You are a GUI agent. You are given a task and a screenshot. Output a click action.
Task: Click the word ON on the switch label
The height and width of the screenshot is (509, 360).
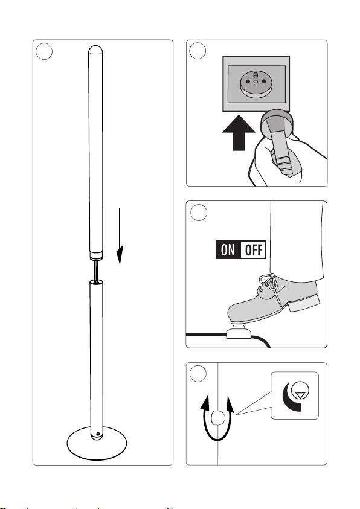click(228, 250)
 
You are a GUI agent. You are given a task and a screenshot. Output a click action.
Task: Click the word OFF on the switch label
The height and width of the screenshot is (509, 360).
click(253, 250)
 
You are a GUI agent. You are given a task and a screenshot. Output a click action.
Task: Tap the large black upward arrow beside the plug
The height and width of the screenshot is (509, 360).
click(239, 133)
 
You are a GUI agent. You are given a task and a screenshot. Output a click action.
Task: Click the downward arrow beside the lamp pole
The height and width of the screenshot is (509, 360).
click(120, 236)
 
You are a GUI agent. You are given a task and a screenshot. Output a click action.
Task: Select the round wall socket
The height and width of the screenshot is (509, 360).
click(256, 83)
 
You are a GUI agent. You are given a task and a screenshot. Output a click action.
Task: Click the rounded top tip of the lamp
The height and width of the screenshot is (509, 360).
click(95, 50)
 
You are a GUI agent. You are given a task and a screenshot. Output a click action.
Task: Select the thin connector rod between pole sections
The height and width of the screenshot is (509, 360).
click(96, 271)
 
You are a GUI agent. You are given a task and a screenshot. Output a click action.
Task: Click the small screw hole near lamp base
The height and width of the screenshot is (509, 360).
click(97, 434)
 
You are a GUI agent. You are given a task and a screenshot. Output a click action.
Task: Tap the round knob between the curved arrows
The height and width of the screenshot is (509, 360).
click(217, 418)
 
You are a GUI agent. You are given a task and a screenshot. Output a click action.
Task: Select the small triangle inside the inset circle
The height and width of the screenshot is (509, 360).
click(300, 395)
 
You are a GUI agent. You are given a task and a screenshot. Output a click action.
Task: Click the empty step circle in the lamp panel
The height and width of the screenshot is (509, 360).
click(44, 51)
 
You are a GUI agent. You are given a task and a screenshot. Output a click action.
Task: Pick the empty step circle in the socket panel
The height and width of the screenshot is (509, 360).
click(198, 51)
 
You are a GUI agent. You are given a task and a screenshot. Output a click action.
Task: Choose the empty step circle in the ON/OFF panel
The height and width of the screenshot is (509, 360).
click(199, 213)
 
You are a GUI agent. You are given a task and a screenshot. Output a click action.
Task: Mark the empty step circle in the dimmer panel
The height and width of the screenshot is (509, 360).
click(198, 374)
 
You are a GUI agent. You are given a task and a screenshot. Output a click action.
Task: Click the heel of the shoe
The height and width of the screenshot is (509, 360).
click(304, 303)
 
